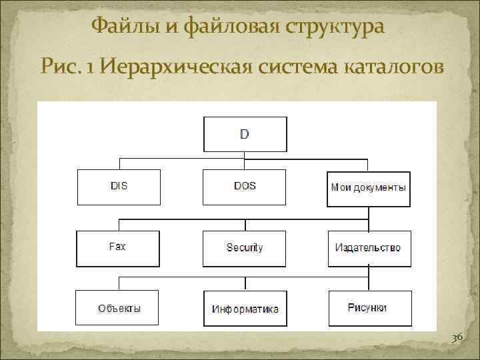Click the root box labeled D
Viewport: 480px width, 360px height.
pyautogui.click(x=245, y=134)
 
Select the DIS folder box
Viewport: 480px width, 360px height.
pyautogui.click(x=119, y=187)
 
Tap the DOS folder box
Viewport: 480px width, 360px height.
pyautogui.click(x=245, y=187)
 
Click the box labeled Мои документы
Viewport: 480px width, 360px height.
pyautogui.click(x=368, y=187)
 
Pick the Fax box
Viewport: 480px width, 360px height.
pyautogui.click(x=118, y=247)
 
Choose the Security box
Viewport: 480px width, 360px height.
pyautogui.click(x=245, y=248)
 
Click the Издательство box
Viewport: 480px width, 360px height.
pyautogui.click(x=368, y=248)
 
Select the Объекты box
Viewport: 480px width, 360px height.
pyautogui.click(x=118, y=308)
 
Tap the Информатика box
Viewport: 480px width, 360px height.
pyautogui.click(x=245, y=309)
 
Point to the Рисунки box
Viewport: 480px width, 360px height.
pyautogui.click(x=368, y=308)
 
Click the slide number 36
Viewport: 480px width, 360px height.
pyautogui.click(x=457, y=339)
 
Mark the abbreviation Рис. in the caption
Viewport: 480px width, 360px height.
pyautogui.click(x=61, y=66)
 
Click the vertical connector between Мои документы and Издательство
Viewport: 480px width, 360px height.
pyautogui.click(x=368, y=218)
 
